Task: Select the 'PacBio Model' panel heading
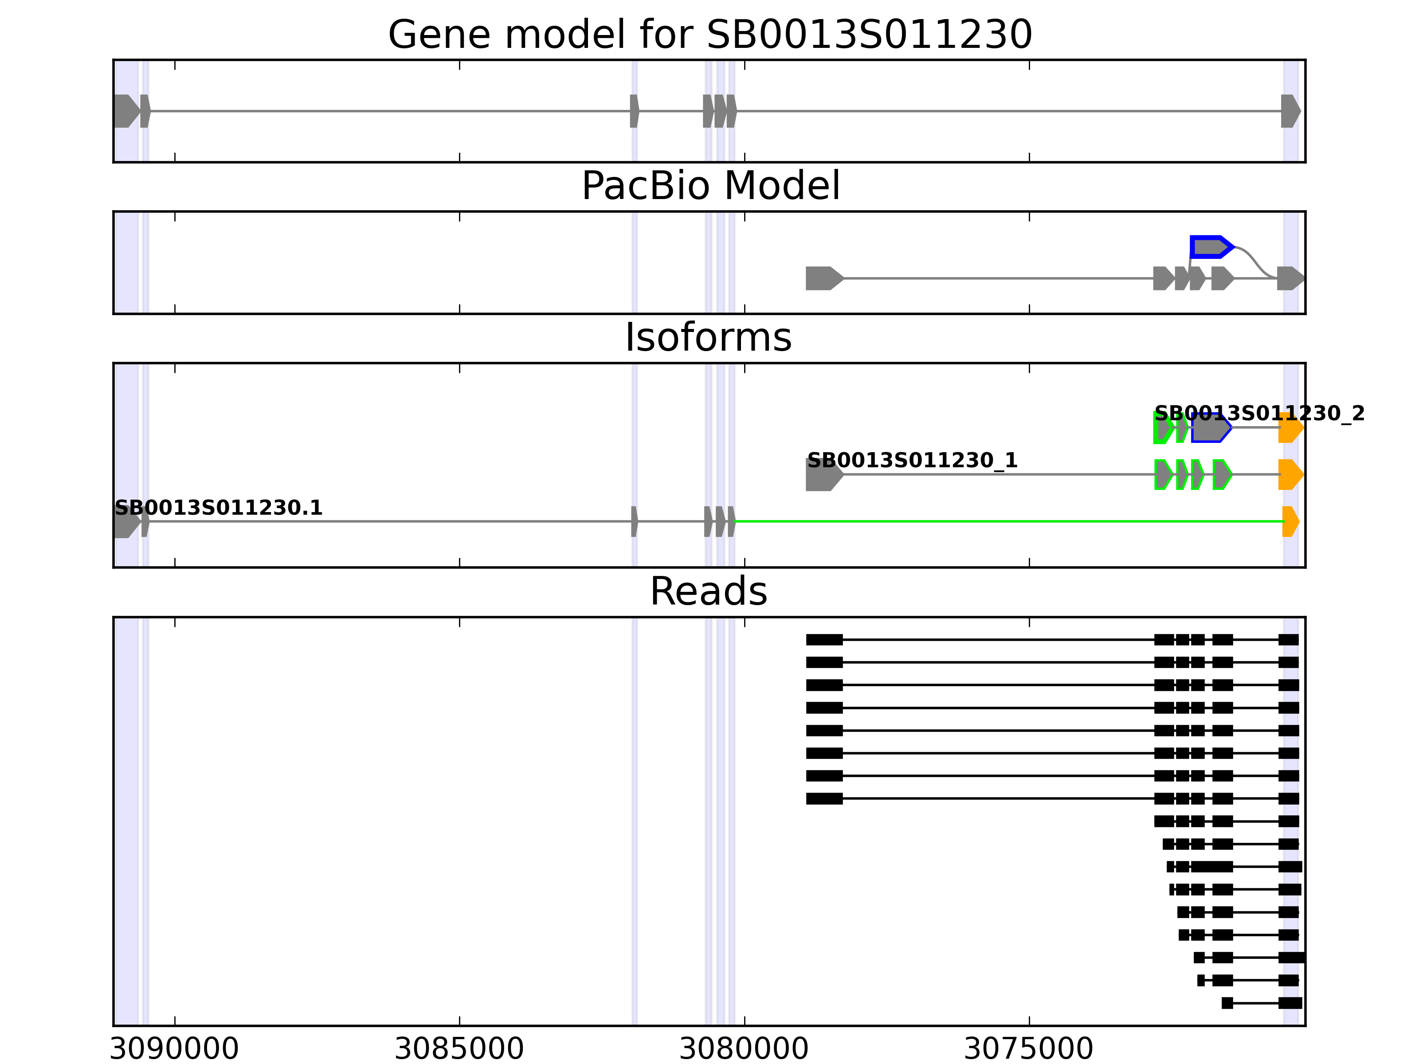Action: click(709, 186)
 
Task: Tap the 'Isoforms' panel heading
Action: click(708, 337)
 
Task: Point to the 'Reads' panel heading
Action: click(708, 591)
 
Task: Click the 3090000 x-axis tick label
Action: click(174, 1049)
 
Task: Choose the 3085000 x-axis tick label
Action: click(459, 1049)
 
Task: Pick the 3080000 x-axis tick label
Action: click(744, 1049)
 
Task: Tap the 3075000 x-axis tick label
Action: click(1029, 1049)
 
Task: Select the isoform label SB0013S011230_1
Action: click(912, 461)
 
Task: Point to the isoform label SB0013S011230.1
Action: click(218, 508)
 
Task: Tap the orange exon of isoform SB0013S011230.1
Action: click(1290, 521)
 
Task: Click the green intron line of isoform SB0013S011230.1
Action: click(1007, 521)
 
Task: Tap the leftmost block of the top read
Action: click(824, 639)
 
